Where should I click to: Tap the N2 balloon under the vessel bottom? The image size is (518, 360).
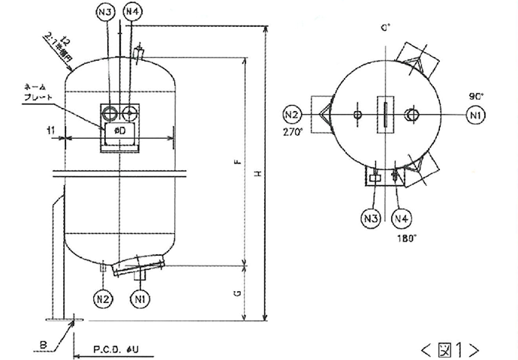pyautogui.click(x=105, y=298)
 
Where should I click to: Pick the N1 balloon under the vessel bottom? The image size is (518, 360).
pyautogui.click(x=138, y=298)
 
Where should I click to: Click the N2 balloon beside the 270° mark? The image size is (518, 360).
pyautogui.click(x=292, y=115)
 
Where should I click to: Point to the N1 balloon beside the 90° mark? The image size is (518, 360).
pyautogui.click(x=474, y=115)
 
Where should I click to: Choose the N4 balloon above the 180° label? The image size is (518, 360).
pyautogui.click(x=402, y=218)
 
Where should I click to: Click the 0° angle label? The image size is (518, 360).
pyautogui.click(x=386, y=28)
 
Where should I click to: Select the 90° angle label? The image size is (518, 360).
pyautogui.click(x=475, y=97)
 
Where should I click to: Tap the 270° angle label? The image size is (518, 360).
pyautogui.click(x=293, y=131)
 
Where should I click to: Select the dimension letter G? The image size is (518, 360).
pyautogui.click(x=236, y=293)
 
